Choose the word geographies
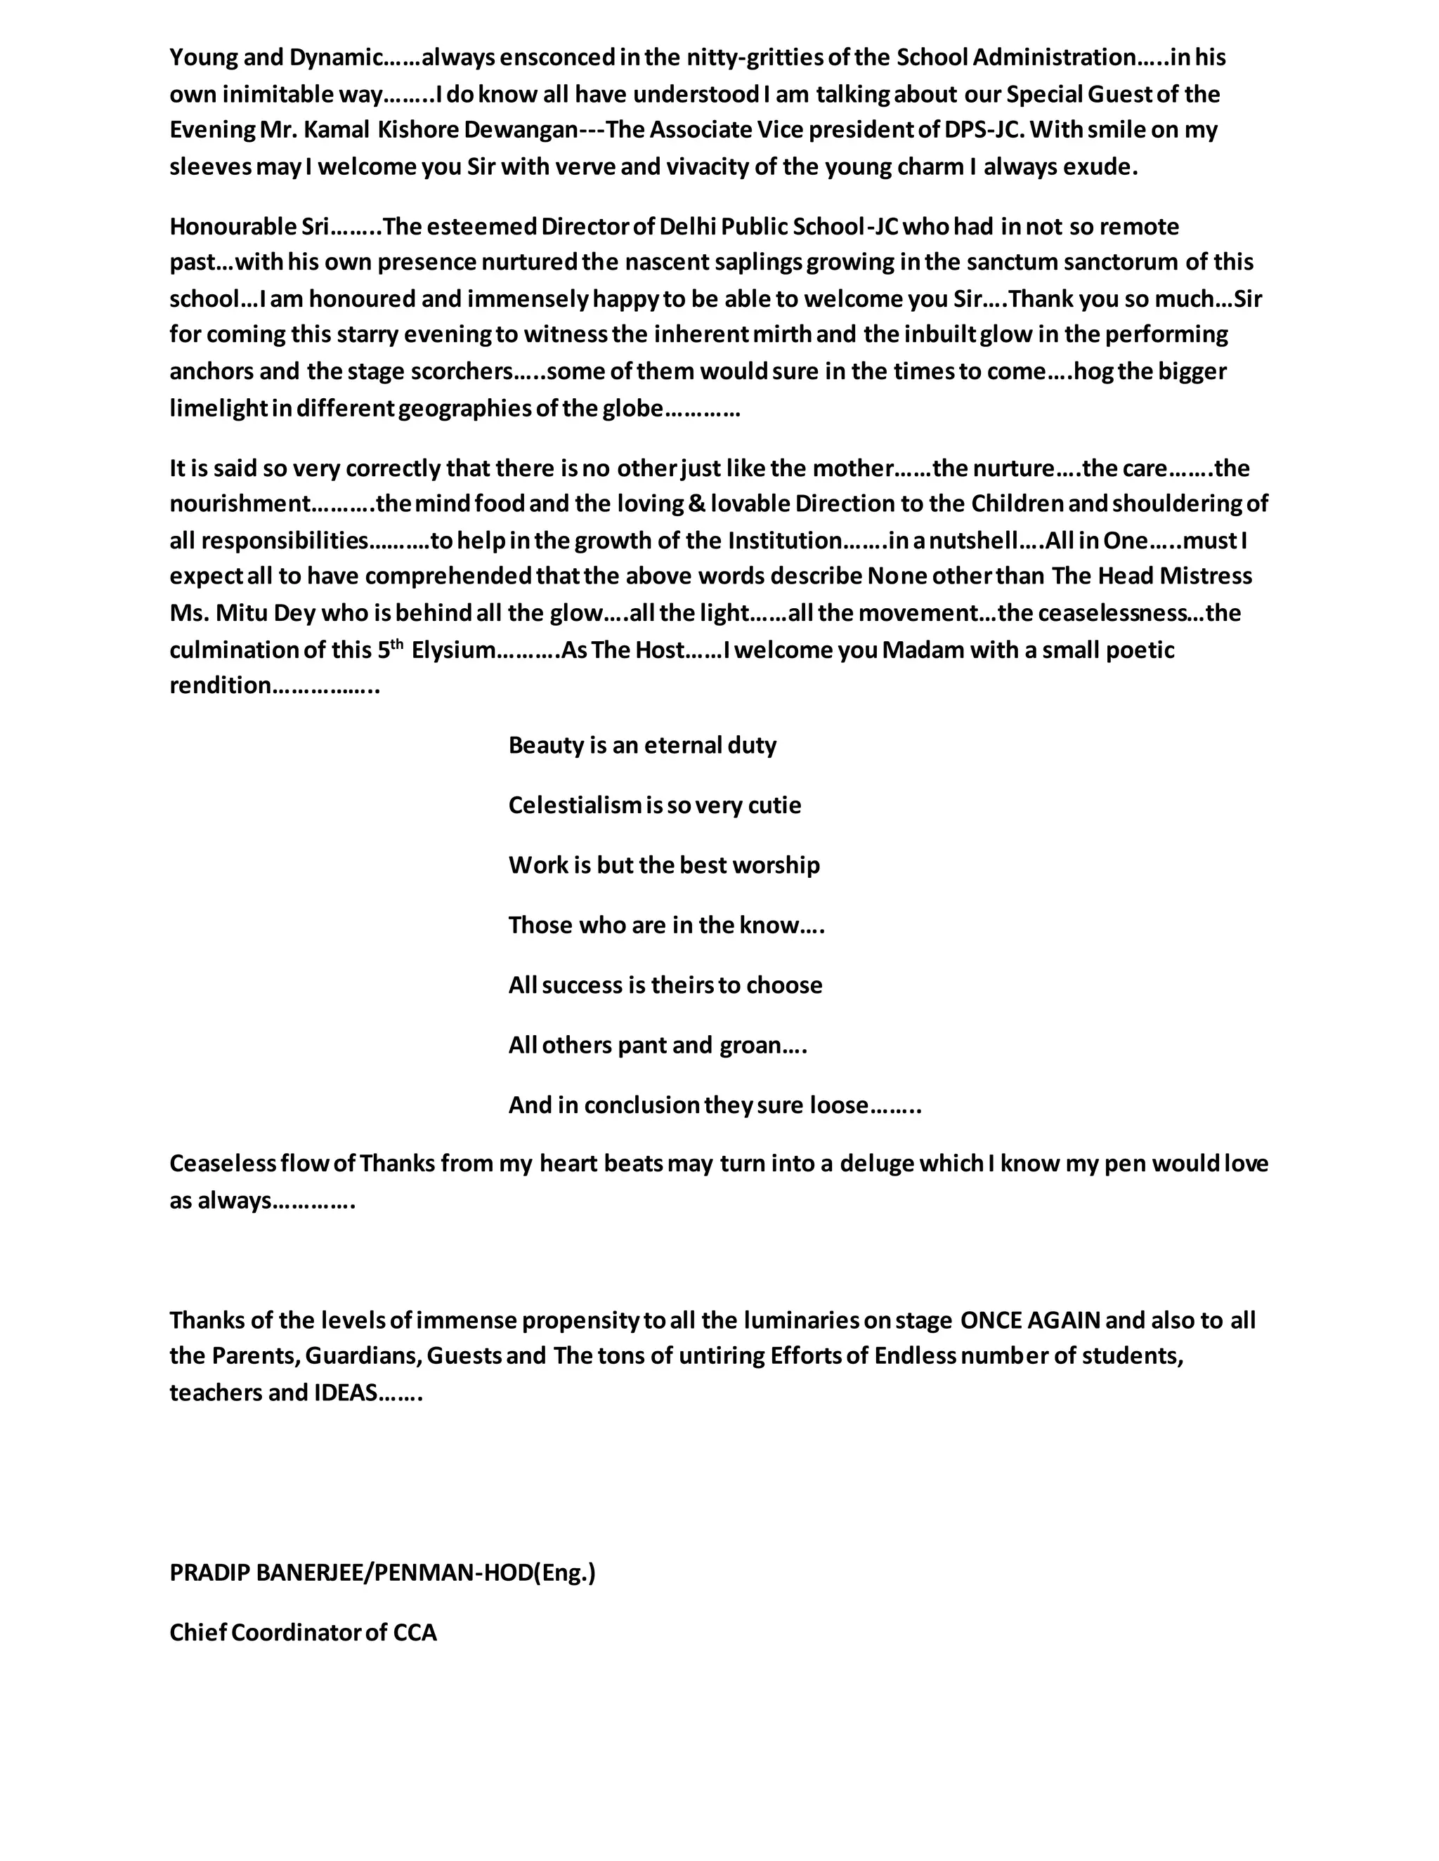(x=464, y=409)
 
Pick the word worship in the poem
(x=776, y=865)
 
